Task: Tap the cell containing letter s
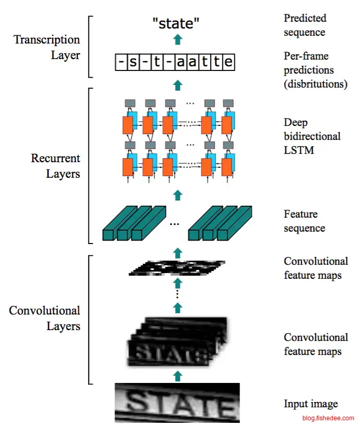coord(133,63)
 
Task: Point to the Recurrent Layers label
coord(56,166)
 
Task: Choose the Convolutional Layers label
coord(45,318)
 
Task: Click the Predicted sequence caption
coord(305,25)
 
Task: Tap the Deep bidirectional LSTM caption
coord(312,137)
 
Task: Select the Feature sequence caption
coord(304,221)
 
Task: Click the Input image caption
coord(310,404)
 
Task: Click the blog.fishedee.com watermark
coord(328,418)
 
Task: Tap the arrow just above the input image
coord(178,376)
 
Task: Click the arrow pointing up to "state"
coord(178,38)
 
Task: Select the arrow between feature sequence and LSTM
coord(178,194)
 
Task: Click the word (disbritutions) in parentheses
coord(315,84)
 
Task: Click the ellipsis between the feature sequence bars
coord(175,224)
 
